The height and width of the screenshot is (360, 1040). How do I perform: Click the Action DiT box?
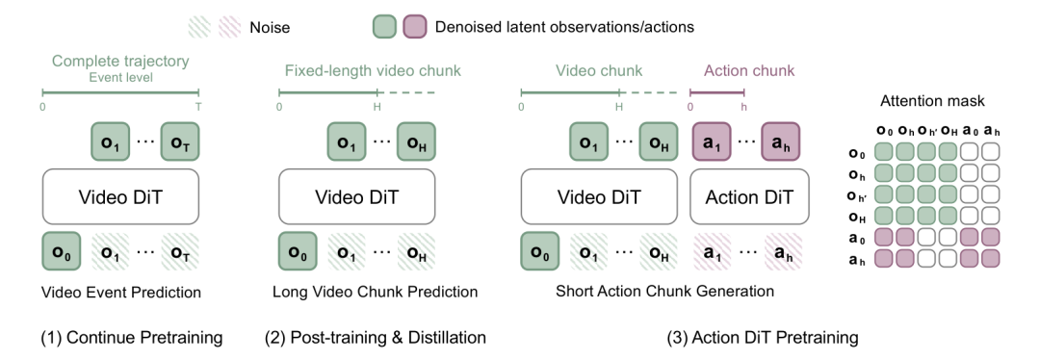749,197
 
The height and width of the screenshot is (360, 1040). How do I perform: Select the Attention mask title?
932,101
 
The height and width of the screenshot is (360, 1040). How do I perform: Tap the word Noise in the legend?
270,28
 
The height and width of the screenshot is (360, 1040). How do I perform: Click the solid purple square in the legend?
414,27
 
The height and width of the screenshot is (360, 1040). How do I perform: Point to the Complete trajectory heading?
120,61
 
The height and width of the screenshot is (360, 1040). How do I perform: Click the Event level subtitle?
120,78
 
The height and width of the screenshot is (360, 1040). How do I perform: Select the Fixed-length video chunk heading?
373,70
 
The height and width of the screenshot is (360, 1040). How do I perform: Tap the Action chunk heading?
749,70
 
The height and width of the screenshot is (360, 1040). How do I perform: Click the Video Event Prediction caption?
120,293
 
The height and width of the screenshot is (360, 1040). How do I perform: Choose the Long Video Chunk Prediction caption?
375,292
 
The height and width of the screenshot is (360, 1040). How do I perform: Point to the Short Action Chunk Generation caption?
664,291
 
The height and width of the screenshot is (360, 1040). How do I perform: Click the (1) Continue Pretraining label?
131,338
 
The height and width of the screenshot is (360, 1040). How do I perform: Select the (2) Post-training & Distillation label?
375,338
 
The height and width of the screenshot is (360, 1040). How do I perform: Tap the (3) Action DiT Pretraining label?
762,338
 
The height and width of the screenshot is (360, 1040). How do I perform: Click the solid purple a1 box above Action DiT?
712,141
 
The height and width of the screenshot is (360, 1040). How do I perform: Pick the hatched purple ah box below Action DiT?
783,252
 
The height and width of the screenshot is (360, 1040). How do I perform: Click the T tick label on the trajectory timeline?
198,107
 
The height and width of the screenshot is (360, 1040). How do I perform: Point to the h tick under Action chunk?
744,107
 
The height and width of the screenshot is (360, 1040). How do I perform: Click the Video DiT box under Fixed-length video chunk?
357,197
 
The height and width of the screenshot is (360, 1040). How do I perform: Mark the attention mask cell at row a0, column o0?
883,238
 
